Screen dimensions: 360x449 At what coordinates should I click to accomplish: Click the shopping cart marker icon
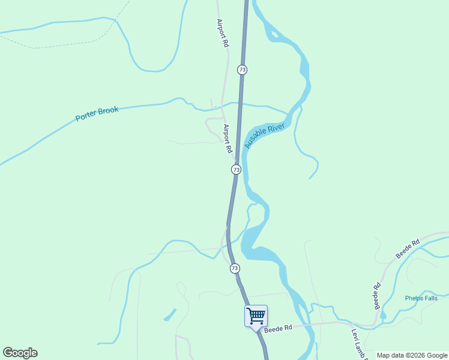256,316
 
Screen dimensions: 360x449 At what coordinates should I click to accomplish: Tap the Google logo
20,353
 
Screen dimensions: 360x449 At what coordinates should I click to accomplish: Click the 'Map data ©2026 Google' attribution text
412,355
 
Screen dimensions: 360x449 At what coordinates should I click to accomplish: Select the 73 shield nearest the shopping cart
235,268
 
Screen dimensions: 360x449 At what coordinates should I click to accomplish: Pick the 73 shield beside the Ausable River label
237,170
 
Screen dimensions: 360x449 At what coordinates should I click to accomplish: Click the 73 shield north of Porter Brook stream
242,70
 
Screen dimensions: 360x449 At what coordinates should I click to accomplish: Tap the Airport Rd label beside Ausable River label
228,139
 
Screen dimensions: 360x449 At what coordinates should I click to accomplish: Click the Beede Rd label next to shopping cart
280,328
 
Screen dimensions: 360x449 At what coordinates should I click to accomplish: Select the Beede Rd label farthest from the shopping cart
407,248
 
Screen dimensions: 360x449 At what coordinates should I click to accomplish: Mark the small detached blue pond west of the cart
170,314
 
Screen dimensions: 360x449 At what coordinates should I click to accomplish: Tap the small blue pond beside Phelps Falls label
383,314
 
